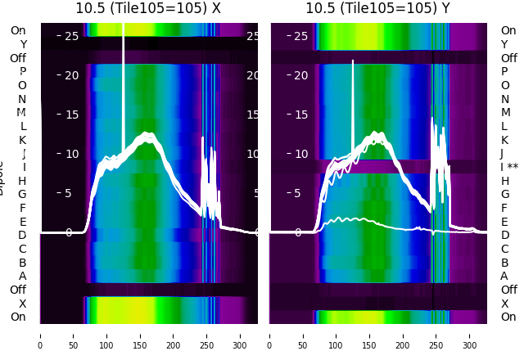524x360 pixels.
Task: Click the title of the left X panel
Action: (148, 8)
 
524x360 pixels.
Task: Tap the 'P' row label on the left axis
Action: (23, 72)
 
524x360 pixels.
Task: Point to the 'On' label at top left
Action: (18, 30)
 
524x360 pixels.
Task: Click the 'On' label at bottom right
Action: (508, 317)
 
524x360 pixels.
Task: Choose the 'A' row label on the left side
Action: (23, 276)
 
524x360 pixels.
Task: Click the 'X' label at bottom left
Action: (23, 304)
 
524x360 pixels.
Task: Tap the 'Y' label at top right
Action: (505, 44)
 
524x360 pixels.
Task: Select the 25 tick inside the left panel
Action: (71, 36)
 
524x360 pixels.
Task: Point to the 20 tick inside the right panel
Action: (300, 75)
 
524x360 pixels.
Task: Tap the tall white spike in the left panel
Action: (123, 82)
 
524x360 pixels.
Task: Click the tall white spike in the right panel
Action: (353, 98)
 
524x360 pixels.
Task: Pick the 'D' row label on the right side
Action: (505, 236)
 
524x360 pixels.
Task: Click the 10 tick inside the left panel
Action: (71, 154)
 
